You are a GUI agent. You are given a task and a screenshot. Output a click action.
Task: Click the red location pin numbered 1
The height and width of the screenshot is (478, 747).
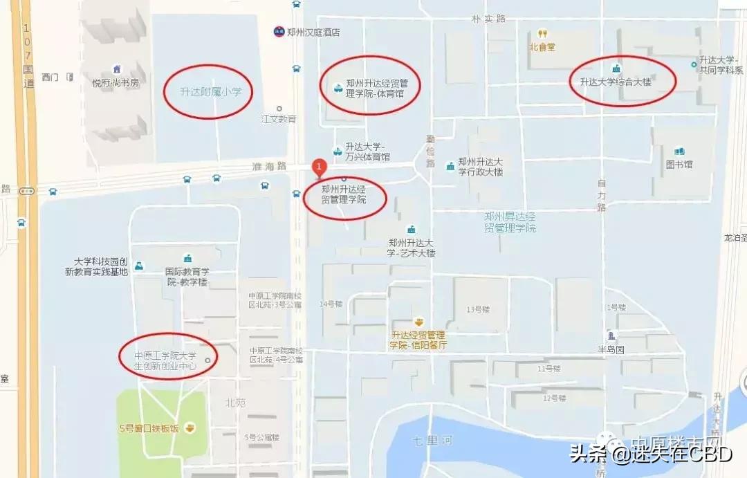point(318,167)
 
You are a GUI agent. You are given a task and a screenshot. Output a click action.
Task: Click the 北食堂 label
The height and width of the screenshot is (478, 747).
point(542,47)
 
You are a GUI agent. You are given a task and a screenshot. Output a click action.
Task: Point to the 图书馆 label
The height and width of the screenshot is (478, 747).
point(679,165)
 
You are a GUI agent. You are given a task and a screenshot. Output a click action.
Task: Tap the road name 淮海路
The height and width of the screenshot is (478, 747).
point(269,167)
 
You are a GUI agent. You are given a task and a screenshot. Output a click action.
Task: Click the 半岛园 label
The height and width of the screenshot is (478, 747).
point(611,349)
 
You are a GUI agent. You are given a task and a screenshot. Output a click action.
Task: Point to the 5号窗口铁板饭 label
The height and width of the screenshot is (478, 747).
point(149,428)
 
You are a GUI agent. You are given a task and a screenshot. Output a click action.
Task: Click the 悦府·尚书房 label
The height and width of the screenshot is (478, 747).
point(116,83)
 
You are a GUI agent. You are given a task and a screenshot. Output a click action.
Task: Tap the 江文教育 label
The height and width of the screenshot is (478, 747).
point(279,119)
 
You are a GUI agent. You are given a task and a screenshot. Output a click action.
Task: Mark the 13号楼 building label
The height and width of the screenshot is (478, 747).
point(478,309)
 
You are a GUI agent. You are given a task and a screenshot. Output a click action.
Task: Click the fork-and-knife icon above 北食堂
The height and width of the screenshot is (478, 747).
point(543,33)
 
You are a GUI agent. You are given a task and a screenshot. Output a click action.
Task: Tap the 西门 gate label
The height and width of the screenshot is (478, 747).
point(50,77)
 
